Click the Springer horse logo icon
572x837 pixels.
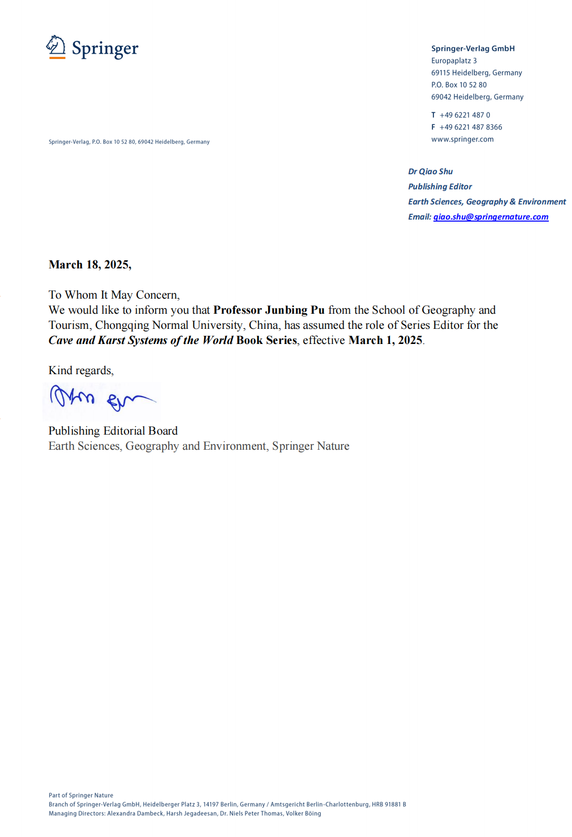[x=56, y=46]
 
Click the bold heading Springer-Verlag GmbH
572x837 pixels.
[x=473, y=48]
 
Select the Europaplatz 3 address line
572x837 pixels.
[x=454, y=60]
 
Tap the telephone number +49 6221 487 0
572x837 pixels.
[x=464, y=115]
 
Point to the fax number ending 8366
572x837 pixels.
[x=470, y=127]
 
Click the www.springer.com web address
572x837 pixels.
[x=462, y=139]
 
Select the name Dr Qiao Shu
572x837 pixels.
[x=430, y=171]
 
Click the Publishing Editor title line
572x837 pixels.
[x=440, y=186]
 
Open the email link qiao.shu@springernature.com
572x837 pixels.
[x=490, y=217]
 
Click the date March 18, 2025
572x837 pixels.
[x=90, y=264]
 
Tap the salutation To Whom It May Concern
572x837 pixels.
[x=114, y=295]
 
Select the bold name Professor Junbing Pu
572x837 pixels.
[x=269, y=310]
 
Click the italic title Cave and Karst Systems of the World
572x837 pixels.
[x=141, y=340]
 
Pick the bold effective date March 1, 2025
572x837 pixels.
[x=385, y=340]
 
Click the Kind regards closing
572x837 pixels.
[x=81, y=370]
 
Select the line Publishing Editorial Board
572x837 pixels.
[x=113, y=431]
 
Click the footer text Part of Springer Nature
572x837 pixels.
[x=81, y=795]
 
